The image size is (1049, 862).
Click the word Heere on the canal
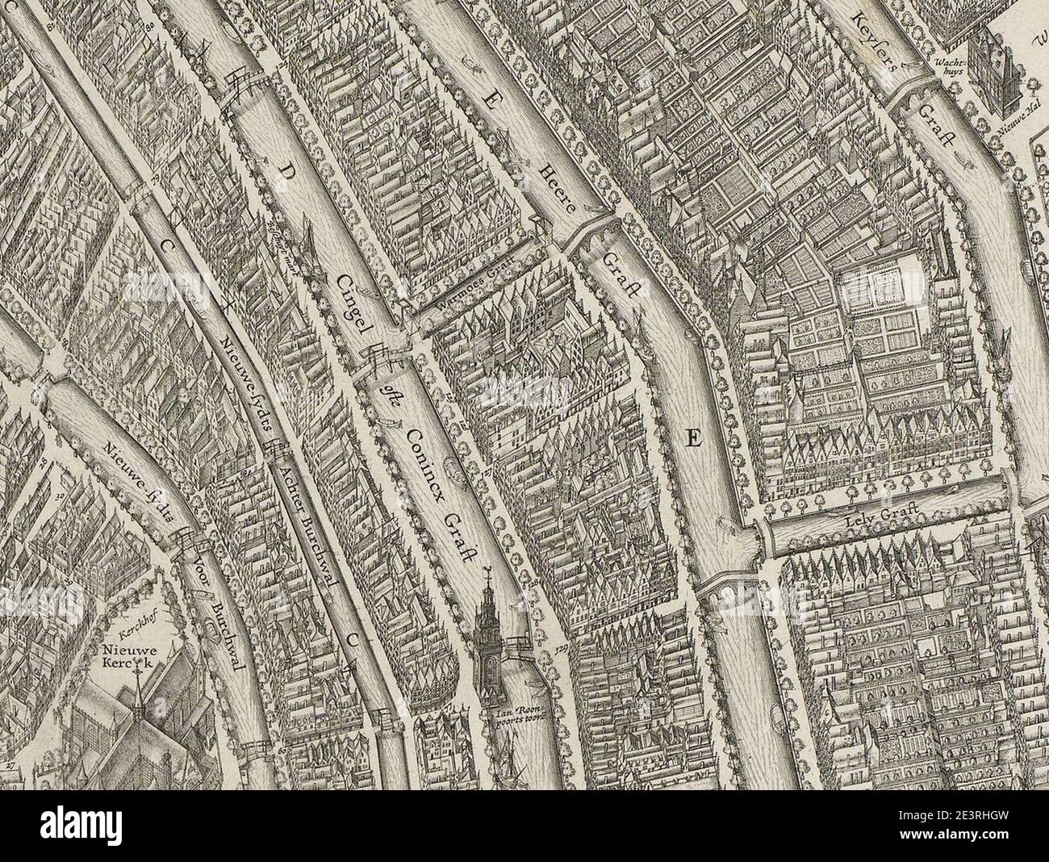click(x=559, y=187)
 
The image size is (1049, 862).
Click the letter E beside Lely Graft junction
click(x=692, y=439)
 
